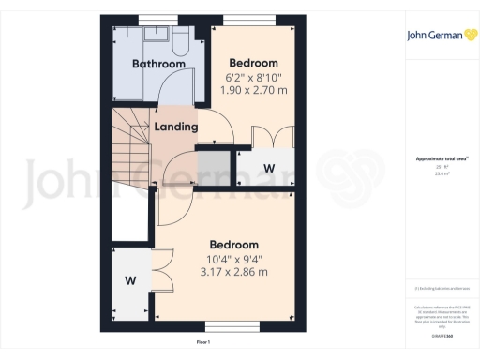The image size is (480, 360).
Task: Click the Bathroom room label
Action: (x=157, y=65)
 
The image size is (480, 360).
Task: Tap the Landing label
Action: (x=175, y=127)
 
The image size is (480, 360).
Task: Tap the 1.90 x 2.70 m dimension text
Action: (x=254, y=90)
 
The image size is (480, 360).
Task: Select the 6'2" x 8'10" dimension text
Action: (x=254, y=77)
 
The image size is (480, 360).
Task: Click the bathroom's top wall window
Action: (x=151, y=20)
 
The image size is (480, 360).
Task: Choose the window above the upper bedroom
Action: (x=254, y=20)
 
